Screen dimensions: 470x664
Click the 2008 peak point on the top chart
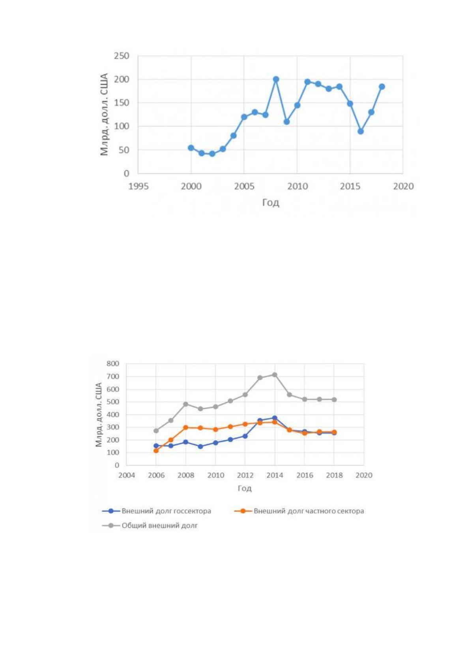tap(276, 79)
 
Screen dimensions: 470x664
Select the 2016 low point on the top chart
tap(361, 131)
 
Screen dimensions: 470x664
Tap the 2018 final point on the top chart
tap(382, 87)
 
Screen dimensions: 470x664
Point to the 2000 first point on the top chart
tap(191, 148)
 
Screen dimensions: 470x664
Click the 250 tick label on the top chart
tap(122, 56)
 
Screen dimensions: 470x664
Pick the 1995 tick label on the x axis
tap(138, 187)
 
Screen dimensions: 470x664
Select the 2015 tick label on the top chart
tap(350, 187)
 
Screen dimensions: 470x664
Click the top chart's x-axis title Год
tap(271, 203)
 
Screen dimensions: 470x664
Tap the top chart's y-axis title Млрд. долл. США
tap(104, 114)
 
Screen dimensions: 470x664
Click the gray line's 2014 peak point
tap(275, 375)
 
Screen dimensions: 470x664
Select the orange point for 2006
tap(156, 451)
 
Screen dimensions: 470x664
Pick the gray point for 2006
tap(156, 431)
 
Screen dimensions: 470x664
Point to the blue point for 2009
tap(200, 446)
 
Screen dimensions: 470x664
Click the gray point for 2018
tap(334, 399)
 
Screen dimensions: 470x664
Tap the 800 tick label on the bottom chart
tap(113, 364)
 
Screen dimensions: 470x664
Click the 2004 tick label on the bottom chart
tap(127, 476)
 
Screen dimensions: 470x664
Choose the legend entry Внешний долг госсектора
tap(157, 511)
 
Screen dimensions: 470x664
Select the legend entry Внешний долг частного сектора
tap(299, 511)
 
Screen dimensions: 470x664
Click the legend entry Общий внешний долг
tap(150, 526)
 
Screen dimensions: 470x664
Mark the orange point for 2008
tap(186, 427)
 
